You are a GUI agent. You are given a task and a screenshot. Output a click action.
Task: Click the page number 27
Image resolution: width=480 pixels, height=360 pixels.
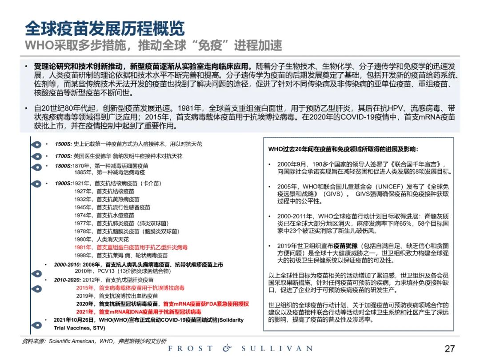[450, 348]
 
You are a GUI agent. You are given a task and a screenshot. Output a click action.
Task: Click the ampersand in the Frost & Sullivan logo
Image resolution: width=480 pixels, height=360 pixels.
[227, 348]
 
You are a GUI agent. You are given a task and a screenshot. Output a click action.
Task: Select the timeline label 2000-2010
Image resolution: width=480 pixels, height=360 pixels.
[67, 264]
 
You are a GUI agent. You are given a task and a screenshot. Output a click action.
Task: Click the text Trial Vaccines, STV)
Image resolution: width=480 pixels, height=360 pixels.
[80, 328]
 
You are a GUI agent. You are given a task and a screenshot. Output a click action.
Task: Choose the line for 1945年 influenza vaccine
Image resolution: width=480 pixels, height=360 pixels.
[112, 207]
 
